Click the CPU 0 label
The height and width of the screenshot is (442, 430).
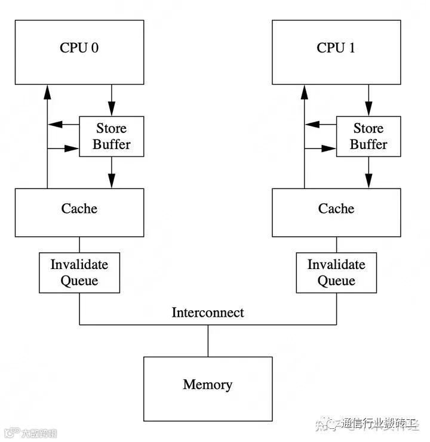(x=79, y=48)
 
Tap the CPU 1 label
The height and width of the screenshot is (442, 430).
(x=336, y=48)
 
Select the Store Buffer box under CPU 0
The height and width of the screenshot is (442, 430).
(x=111, y=137)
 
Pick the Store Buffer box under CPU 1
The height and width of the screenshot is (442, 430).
(x=368, y=137)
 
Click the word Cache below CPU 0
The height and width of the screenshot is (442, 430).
(x=79, y=208)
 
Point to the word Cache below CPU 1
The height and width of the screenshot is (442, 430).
(x=336, y=208)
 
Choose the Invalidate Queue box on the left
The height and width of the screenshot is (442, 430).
(x=79, y=273)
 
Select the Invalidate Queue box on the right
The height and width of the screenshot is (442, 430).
(x=336, y=273)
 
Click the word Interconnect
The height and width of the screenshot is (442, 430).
(x=208, y=312)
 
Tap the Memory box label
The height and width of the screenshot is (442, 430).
(x=208, y=384)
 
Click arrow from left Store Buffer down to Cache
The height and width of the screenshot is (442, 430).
(x=111, y=172)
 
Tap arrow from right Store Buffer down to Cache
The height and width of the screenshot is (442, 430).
(x=368, y=172)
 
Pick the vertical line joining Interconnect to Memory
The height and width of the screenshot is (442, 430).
(x=208, y=341)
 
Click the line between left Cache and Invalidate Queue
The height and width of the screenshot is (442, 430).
(x=79, y=245)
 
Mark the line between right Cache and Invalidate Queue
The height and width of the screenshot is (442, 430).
(x=337, y=245)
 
